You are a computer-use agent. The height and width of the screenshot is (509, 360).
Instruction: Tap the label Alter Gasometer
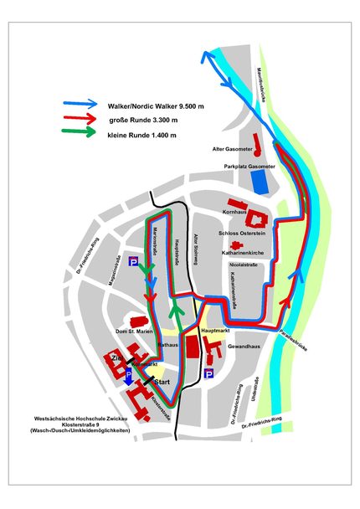tap(230, 150)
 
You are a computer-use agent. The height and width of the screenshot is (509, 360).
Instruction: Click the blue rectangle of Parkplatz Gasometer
tap(263, 178)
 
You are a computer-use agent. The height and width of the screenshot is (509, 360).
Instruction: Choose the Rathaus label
tap(168, 344)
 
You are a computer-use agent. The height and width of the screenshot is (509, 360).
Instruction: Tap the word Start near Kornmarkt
tap(162, 381)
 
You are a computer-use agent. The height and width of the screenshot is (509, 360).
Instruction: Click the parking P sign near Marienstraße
tap(134, 262)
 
